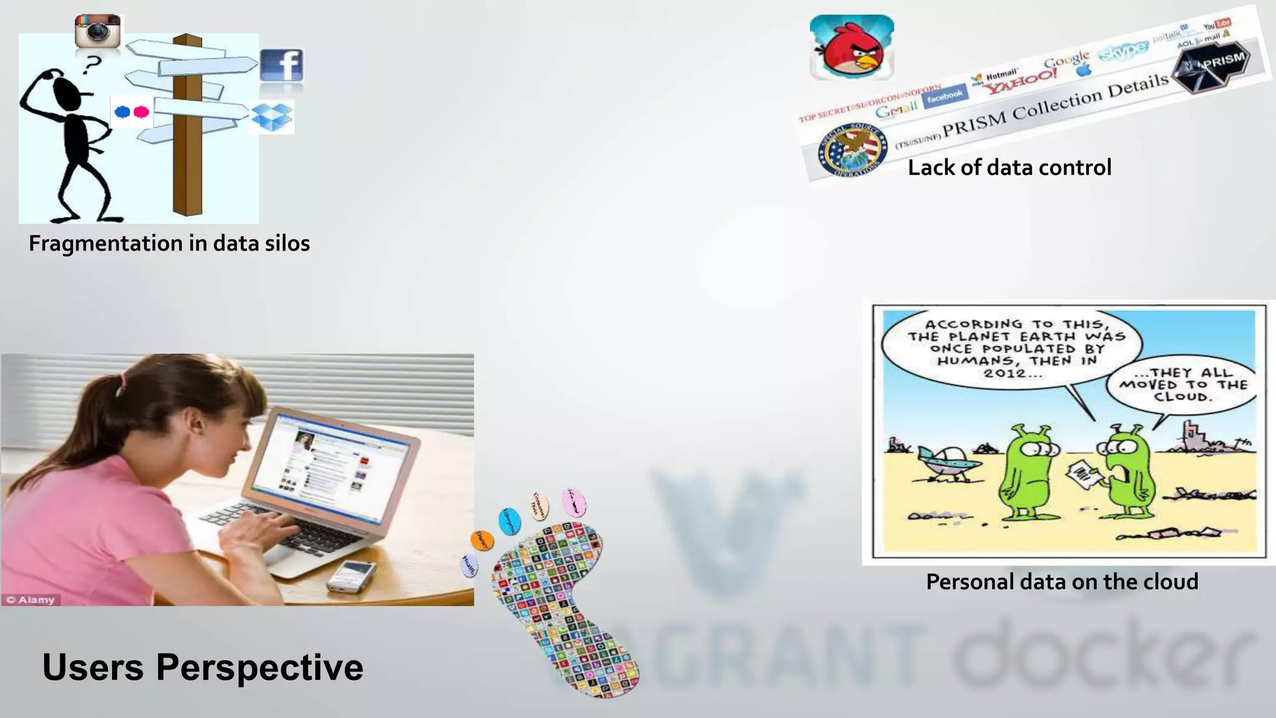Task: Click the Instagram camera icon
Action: click(x=97, y=31)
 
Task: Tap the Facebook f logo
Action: click(x=282, y=65)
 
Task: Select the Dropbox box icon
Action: click(x=272, y=117)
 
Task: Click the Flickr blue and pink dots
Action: click(x=132, y=112)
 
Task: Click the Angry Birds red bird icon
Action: click(x=852, y=48)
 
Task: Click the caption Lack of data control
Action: click(x=1009, y=168)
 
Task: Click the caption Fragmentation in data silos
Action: click(x=169, y=243)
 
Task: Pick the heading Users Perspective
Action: click(x=202, y=667)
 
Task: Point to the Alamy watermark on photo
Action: click(x=31, y=600)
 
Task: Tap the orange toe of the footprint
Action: click(x=482, y=540)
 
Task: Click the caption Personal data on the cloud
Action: click(x=1062, y=582)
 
